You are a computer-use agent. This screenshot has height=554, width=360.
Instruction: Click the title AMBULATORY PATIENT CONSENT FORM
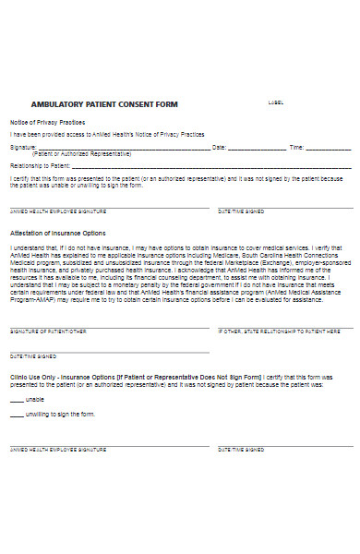coord(104,103)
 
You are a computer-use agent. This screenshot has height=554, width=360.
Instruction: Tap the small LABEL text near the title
coord(275,102)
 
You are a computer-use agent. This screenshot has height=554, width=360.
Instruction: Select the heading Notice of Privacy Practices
coord(47,122)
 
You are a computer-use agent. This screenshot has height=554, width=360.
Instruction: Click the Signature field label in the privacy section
coord(23,147)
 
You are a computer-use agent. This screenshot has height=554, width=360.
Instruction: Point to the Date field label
coord(219,147)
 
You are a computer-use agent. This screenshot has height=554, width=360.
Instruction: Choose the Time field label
coord(296,147)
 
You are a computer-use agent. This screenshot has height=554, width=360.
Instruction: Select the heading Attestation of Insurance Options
coord(58,233)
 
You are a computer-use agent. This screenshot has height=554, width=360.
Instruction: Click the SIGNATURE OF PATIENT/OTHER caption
coord(48,331)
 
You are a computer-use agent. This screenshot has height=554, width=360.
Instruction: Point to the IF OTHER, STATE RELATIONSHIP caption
coord(272,331)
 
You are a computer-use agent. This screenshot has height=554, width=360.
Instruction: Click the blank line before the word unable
coord(17,399)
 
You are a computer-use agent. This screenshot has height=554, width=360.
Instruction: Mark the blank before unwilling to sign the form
coord(17,415)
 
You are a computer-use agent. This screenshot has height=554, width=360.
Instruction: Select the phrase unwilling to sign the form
coord(63,415)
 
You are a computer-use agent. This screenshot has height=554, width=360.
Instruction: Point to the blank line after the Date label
coord(256,148)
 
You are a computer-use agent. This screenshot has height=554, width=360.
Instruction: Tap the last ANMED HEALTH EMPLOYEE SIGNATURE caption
coord(58,450)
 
